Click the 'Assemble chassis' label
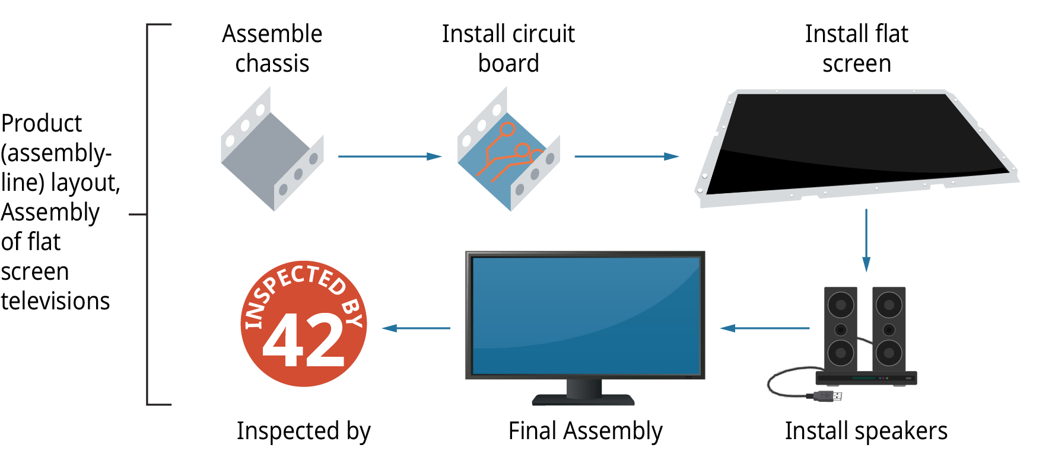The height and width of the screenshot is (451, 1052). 272,49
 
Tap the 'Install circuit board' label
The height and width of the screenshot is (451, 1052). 508,49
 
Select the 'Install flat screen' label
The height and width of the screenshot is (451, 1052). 856,49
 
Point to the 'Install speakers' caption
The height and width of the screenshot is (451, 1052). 866,431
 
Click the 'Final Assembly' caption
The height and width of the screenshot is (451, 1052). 585,431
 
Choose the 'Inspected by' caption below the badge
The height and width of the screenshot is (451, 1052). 303,431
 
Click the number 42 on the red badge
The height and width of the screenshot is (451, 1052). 303,341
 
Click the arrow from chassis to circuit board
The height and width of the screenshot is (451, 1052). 389,156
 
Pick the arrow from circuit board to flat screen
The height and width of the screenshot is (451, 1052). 626,156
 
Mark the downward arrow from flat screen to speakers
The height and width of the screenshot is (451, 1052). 866,240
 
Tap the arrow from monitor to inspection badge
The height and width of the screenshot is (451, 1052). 416,328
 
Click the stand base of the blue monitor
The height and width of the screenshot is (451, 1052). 583,399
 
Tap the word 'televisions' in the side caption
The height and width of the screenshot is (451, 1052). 55,301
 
